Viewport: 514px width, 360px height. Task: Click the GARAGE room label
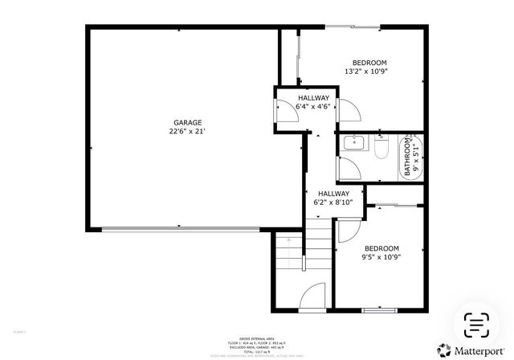click(x=185, y=123)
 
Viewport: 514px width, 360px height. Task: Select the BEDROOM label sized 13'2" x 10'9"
click(x=369, y=63)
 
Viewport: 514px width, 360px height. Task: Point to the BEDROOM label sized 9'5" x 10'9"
click(x=381, y=248)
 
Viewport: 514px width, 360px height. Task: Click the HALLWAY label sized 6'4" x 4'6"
click(x=312, y=97)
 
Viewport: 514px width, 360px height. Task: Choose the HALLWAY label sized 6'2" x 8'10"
click(x=332, y=194)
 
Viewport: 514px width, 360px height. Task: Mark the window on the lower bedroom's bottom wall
click(x=379, y=309)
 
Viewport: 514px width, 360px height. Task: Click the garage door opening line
click(x=181, y=230)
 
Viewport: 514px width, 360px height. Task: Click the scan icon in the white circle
click(x=477, y=323)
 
